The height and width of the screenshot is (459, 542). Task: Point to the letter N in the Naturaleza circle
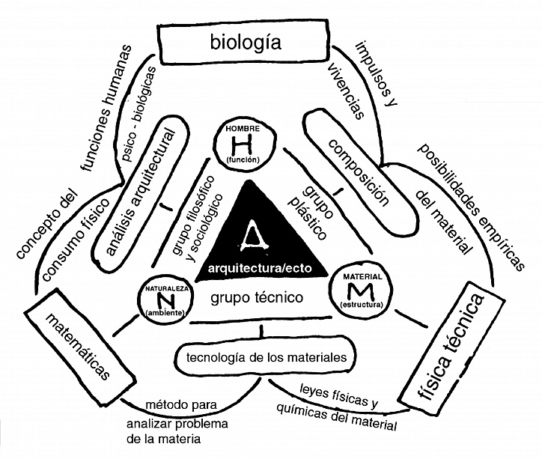click(x=165, y=300)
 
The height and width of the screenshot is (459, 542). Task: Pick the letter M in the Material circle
click(x=362, y=291)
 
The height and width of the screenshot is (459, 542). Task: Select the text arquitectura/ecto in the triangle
click(x=260, y=268)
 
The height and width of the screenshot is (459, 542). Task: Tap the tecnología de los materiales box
click(x=267, y=356)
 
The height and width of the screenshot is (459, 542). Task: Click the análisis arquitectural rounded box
click(x=141, y=193)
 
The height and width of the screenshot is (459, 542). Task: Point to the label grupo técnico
click(x=257, y=297)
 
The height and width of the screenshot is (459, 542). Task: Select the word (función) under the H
click(x=243, y=160)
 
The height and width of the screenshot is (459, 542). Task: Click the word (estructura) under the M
click(x=362, y=305)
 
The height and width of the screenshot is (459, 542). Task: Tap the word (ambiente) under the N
click(x=165, y=313)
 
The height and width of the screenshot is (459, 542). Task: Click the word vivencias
click(x=347, y=91)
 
